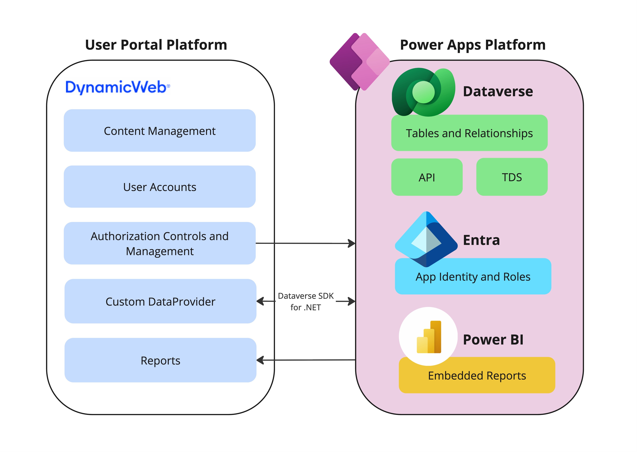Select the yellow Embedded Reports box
coord(477,376)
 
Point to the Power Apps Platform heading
coord(472,45)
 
